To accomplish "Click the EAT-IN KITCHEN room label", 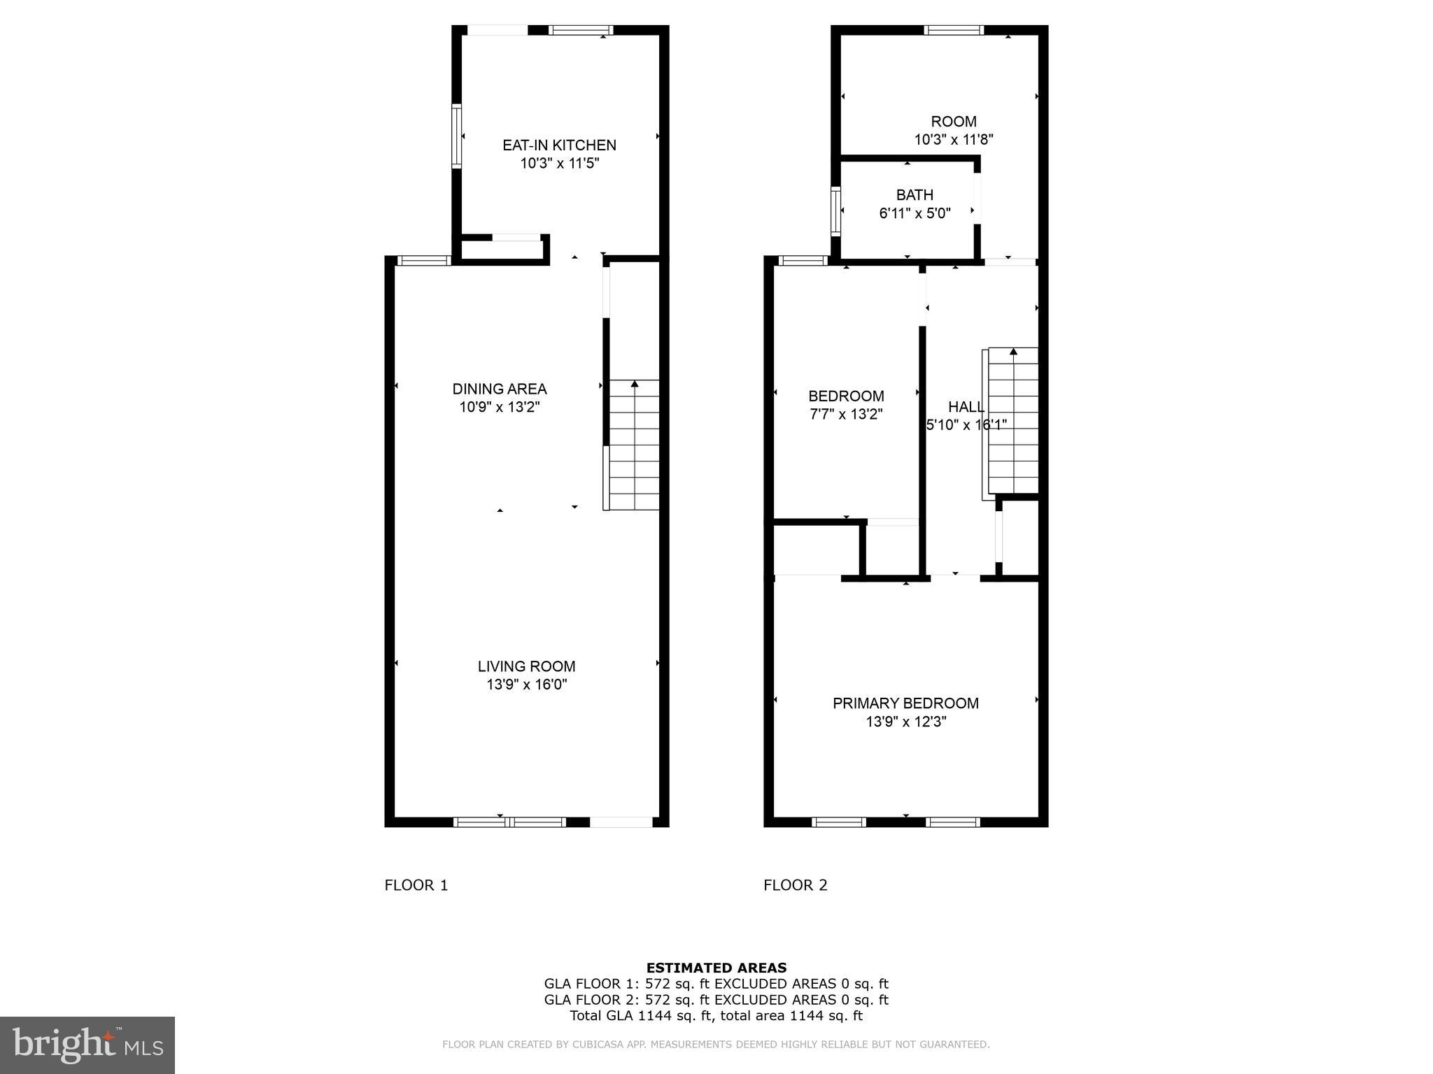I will pos(559,145).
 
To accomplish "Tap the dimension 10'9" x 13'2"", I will pos(499,407).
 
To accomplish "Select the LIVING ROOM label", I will pos(526,666).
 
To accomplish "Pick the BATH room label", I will pos(915,195).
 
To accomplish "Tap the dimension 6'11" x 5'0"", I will pos(915,213).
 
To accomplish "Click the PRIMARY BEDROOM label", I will pos(905,703).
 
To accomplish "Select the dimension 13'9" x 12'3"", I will pos(905,722).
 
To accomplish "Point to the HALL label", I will pos(966,407).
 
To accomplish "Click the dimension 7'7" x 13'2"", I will pos(846,414).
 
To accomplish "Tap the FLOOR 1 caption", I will pos(416,885).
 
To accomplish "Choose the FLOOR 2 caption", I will pos(795,885).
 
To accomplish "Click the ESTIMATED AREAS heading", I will pos(716,968).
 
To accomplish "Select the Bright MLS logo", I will pos(87,1045).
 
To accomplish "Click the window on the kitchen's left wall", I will pos(456,136).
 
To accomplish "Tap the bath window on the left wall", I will pos(835,210).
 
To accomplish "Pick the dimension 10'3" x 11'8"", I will pos(953,139).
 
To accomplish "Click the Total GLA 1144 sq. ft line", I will pos(716,1016).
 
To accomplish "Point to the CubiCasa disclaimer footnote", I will pos(716,1045).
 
